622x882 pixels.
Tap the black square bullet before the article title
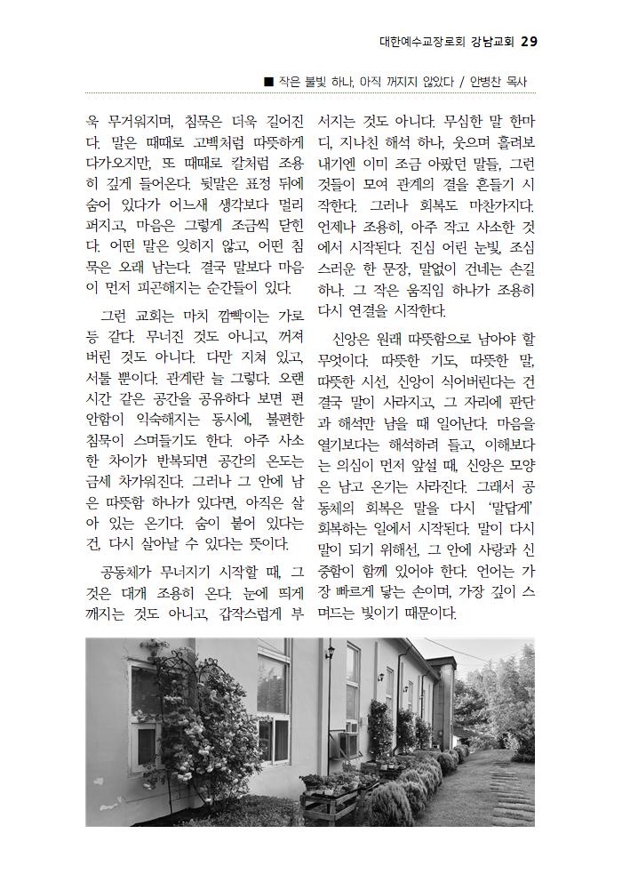(268, 82)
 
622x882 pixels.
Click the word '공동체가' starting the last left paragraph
(133, 570)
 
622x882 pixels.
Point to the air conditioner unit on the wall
(349, 727)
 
